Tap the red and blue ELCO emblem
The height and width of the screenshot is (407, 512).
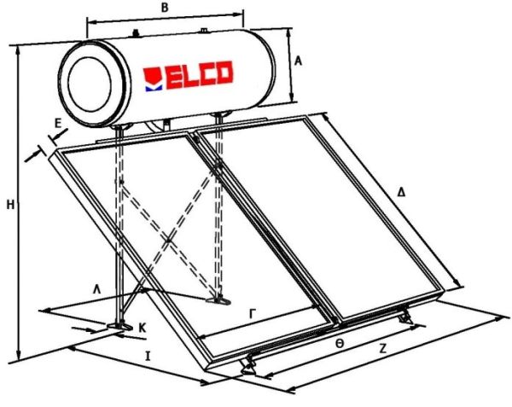point(154,77)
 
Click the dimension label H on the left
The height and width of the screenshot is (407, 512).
point(9,204)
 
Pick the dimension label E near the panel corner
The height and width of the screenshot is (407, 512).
point(57,124)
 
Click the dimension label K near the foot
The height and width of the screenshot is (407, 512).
point(143,326)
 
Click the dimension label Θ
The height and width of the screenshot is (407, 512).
point(339,341)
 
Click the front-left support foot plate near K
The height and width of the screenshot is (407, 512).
point(118,325)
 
